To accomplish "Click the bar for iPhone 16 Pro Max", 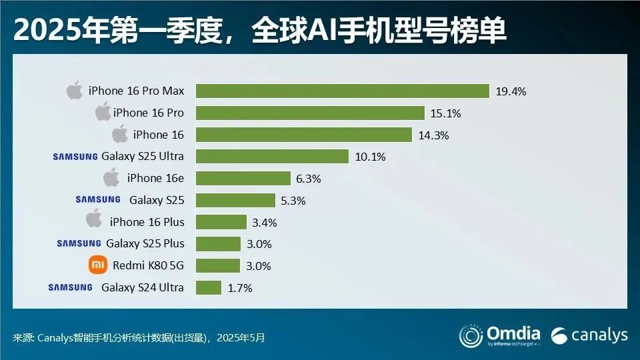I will (x=342, y=91).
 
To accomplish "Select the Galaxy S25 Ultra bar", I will (x=272, y=157).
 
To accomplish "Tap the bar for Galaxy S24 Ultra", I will (x=208, y=287).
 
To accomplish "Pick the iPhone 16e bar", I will (x=243, y=179).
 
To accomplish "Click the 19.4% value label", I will (x=511, y=92).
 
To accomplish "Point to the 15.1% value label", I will (x=445, y=113).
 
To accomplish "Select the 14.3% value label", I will (x=433, y=135).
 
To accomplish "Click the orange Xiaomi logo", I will (x=97, y=265).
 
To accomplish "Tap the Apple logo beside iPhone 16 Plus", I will (x=95, y=221).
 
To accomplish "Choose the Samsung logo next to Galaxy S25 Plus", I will (x=79, y=243).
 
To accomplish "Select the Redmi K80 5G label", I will (x=148, y=266).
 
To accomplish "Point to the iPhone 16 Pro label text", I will (x=148, y=113).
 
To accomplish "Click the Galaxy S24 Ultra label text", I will (x=142, y=288).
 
